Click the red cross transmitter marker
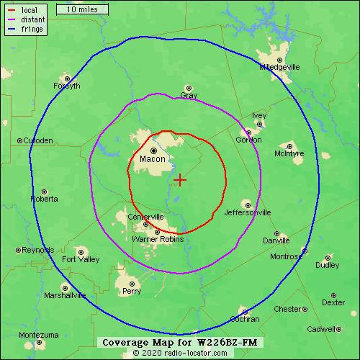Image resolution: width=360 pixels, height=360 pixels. click(180, 179)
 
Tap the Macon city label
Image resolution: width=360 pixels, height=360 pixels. click(153, 159)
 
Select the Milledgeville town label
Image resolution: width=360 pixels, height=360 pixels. click(279, 67)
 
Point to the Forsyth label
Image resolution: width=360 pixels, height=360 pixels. click(67, 86)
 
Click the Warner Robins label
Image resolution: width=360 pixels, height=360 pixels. click(158, 238)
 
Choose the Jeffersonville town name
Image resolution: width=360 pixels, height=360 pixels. click(248, 212)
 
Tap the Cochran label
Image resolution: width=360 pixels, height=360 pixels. click(245, 318)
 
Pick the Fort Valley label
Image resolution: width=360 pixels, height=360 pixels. click(81, 259)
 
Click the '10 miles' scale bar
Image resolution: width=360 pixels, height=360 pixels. click(81, 10)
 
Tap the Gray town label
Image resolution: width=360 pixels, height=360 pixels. click(189, 95)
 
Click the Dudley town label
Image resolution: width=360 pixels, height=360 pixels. click(327, 265)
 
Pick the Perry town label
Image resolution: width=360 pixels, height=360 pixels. click(132, 292)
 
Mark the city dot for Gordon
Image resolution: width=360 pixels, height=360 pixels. click(249, 132)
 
